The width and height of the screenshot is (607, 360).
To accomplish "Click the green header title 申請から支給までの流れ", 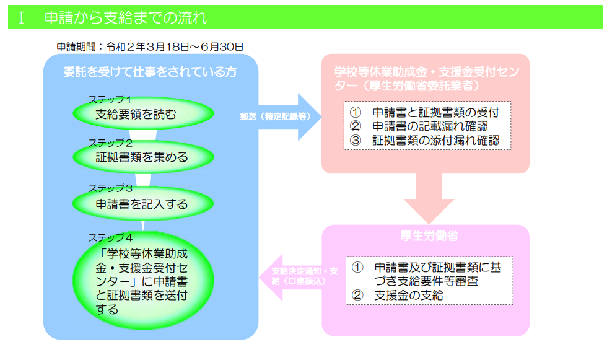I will point(126,17).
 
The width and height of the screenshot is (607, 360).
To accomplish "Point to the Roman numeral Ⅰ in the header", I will point(22,17).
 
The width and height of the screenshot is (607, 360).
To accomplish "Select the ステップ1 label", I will point(109,99).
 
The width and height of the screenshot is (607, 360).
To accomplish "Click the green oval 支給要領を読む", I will point(144,114).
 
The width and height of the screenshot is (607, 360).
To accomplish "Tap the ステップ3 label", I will point(110,188).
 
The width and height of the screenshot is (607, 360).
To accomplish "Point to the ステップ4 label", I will point(110,237).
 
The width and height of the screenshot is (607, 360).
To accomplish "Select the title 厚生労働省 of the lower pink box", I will point(426,235).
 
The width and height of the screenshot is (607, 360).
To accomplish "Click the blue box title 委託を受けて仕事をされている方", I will point(151,71).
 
